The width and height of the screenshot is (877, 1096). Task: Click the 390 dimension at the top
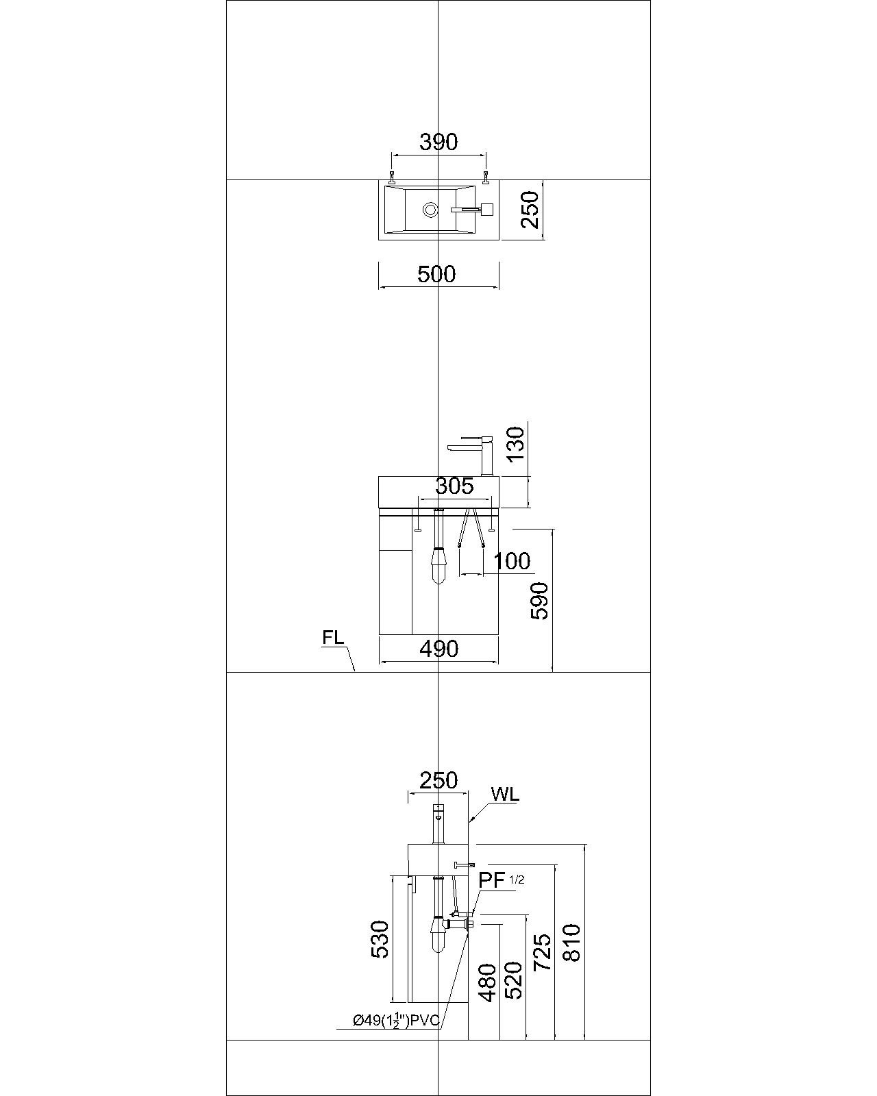tap(438, 142)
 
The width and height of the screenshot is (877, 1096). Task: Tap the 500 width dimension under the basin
tap(436, 274)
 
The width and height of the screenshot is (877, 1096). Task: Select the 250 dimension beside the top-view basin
tap(530, 210)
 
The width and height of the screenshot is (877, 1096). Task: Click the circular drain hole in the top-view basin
tap(430, 209)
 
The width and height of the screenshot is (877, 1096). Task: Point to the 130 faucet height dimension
tap(515, 443)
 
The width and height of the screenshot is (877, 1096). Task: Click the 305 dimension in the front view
tap(454, 486)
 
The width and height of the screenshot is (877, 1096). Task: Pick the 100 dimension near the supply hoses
tap(512, 561)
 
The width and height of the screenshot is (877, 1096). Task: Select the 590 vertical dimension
tap(540, 601)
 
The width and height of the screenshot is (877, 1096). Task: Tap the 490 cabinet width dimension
tap(438, 648)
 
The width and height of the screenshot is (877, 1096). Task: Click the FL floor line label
tap(333, 637)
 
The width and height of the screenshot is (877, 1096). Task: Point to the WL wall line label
tap(505, 795)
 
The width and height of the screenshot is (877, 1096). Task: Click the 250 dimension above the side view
tap(438, 780)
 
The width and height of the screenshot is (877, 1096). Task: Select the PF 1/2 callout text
tap(501, 880)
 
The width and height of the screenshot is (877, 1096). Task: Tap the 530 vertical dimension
tap(379, 938)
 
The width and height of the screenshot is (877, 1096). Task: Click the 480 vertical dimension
tap(486, 983)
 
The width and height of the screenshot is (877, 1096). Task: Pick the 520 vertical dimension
tap(513, 980)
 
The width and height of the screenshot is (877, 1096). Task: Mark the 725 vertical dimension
tap(541, 952)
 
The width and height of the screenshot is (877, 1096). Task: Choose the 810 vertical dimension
tap(571, 943)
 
